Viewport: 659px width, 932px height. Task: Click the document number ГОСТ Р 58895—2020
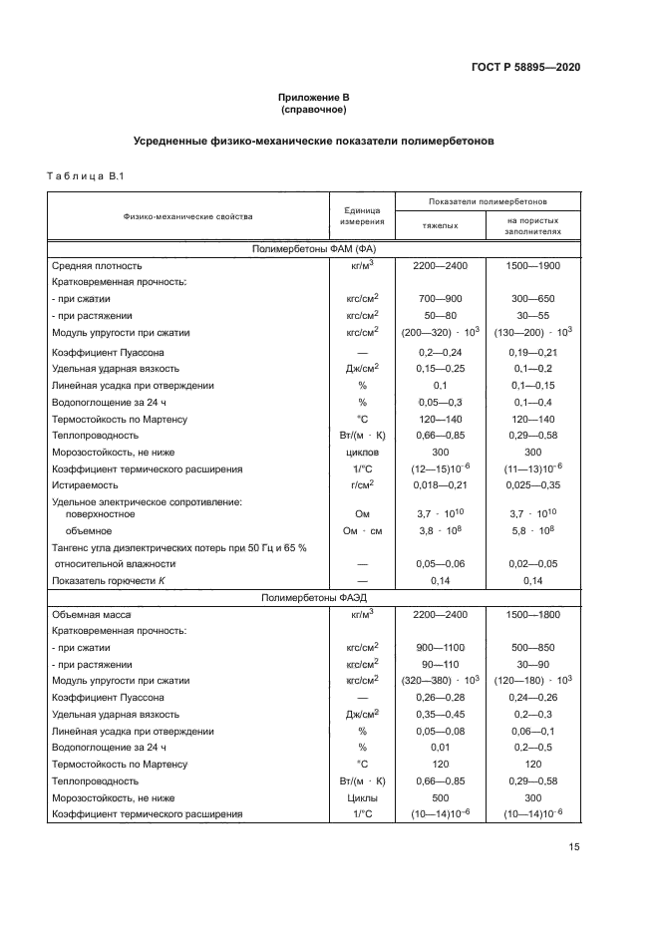pos(525,67)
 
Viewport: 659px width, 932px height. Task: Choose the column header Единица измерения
pos(362,216)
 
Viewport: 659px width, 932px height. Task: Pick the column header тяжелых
pos(440,225)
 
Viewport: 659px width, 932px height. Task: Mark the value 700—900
pos(440,298)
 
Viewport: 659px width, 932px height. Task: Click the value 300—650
pos(533,298)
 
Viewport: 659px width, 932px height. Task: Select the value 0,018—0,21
pos(440,484)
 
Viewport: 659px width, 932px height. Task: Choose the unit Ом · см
pos(362,531)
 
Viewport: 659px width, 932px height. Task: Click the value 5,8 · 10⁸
pos(533,531)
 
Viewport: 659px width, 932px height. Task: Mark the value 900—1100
pos(440,648)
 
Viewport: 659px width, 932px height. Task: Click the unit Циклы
pos(362,798)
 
